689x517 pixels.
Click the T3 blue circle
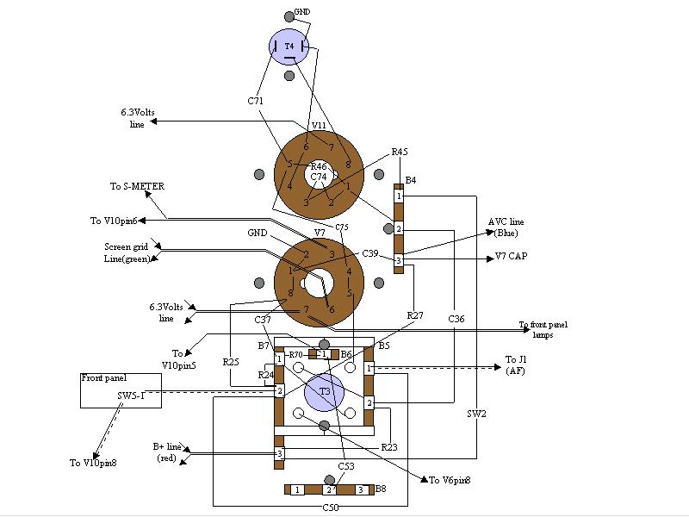pyautogui.click(x=325, y=392)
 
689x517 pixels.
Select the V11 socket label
pyautogui.click(x=319, y=126)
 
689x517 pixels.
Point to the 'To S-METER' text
pyautogui.click(x=137, y=186)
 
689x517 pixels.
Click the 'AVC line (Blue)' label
pyautogui.click(x=506, y=227)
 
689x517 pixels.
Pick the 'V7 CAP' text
pyautogui.click(x=512, y=257)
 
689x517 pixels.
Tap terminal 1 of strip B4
pyautogui.click(x=399, y=196)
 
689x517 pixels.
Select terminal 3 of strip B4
pyautogui.click(x=399, y=260)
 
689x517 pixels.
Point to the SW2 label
pyautogui.click(x=477, y=414)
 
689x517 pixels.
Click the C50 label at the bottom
pyautogui.click(x=331, y=508)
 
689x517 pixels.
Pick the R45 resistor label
pyautogui.click(x=400, y=152)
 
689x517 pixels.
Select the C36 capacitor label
pyautogui.click(x=456, y=319)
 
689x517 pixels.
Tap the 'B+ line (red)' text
pyautogui.click(x=167, y=452)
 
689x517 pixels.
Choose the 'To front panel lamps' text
pyautogui.click(x=543, y=329)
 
